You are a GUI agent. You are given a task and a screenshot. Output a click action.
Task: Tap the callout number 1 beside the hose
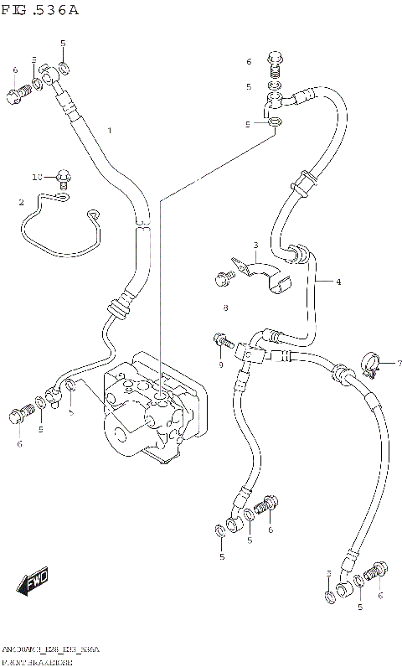(x=109, y=131)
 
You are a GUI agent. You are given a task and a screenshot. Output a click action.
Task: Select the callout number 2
(x=21, y=202)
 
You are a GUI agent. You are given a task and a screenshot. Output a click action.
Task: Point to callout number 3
(x=255, y=244)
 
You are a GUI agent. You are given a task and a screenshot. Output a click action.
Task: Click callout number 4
(x=338, y=282)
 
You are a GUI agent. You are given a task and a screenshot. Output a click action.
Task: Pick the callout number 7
(x=399, y=363)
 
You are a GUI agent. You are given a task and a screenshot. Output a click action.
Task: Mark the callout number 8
(x=225, y=309)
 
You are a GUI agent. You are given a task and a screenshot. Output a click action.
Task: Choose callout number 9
(x=219, y=365)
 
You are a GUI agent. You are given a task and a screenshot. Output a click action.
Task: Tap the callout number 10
(x=36, y=178)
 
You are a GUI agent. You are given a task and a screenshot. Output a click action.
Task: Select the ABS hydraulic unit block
(x=151, y=406)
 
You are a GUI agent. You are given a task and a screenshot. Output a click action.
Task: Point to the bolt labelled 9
(x=220, y=340)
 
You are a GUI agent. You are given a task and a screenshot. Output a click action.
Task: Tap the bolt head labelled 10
(x=64, y=177)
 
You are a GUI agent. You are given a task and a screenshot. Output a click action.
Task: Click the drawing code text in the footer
(x=50, y=650)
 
